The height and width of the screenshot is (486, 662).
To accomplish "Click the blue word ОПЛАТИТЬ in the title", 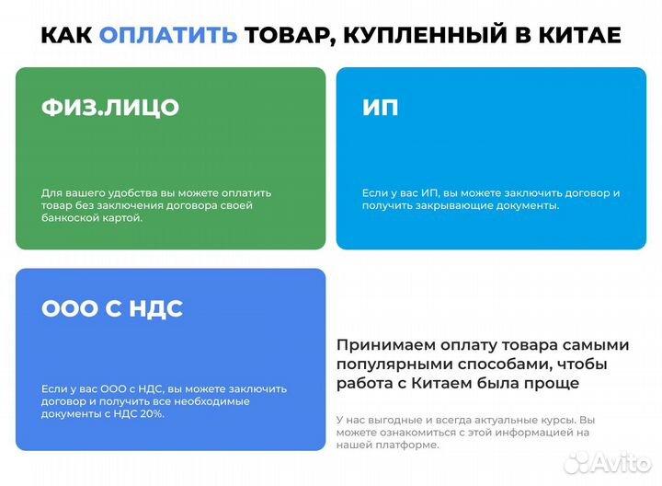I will pos(168,35).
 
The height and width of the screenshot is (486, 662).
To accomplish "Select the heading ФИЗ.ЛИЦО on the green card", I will pos(110,107).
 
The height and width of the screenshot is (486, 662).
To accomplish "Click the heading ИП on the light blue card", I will pos(381,107).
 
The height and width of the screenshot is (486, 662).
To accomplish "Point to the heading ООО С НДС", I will pos(112,308).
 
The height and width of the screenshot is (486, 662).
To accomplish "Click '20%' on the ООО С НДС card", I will pos(152,414).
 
